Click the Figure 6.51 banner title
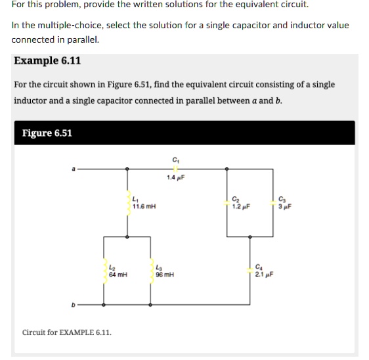point(47,133)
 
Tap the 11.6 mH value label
point(144,206)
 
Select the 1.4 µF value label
point(175,178)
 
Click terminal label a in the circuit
point(74,169)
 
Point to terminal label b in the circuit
point(74,305)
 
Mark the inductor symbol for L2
point(103,271)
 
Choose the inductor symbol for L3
point(152,271)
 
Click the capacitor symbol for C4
point(250,271)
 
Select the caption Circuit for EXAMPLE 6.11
point(67,332)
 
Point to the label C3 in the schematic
point(282,199)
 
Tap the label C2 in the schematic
point(236,199)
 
